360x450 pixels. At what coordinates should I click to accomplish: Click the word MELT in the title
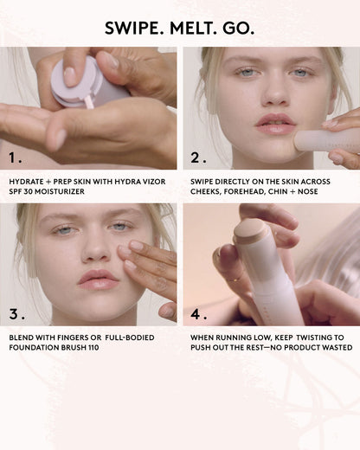tap(198, 28)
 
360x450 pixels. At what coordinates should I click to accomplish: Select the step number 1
tap(15, 158)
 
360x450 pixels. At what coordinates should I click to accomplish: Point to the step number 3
tap(15, 312)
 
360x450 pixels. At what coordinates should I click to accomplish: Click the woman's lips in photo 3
tap(98, 280)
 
